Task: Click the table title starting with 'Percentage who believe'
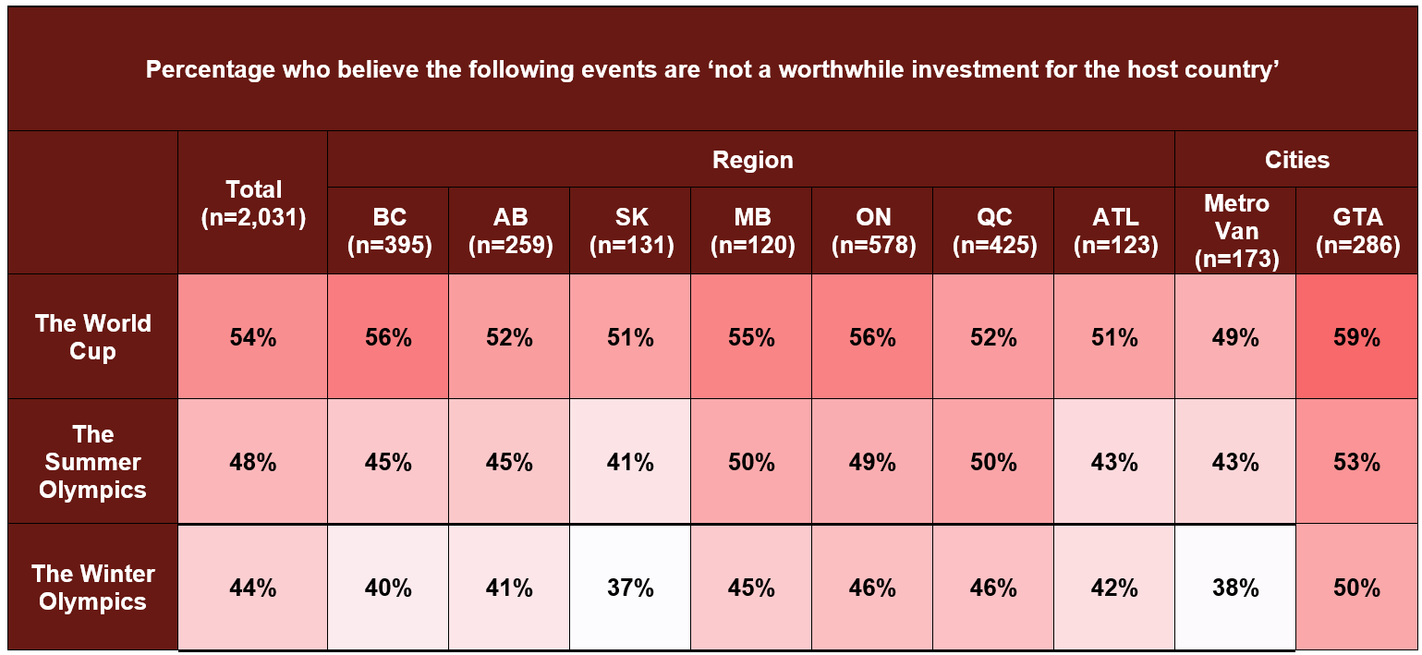[x=711, y=70]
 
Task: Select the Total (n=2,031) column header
[x=253, y=203]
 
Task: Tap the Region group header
[x=751, y=160]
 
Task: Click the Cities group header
[x=1296, y=160]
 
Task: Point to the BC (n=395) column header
[x=388, y=231]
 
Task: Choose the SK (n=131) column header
[x=630, y=231]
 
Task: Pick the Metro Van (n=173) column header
[x=1235, y=231]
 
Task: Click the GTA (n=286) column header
[x=1356, y=231]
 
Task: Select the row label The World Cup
[x=92, y=337]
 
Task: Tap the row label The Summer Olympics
[x=92, y=462]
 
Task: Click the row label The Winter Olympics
[x=92, y=588]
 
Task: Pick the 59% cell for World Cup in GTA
[x=1356, y=337]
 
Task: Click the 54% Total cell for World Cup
[x=253, y=337]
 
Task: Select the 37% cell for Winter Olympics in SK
[x=630, y=588]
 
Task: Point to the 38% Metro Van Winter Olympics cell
[x=1235, y=588]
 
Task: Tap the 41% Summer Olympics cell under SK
[x=630, y=462]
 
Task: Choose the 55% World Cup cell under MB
[x=751, y=337]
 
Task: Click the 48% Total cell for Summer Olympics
[x=253, y=462]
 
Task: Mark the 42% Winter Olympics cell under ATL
[x=1114, y=588]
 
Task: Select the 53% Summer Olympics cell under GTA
[x=1356, y=462]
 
